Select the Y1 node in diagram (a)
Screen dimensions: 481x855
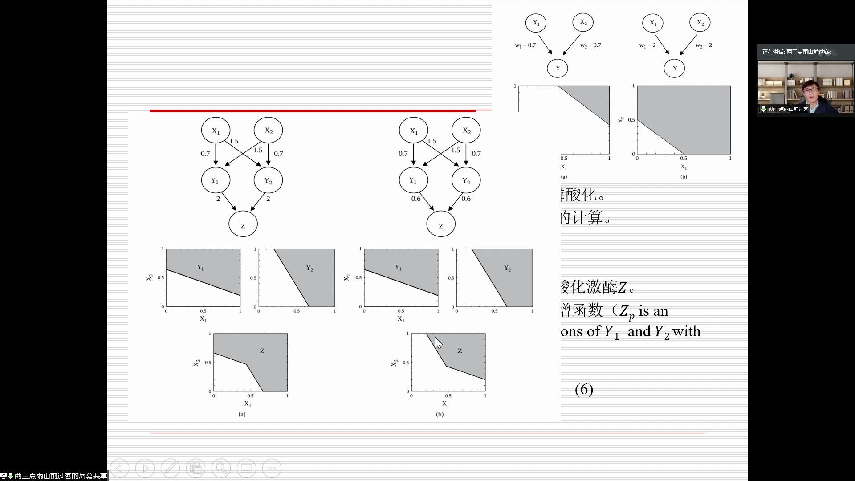pyautogui.click(x=216, y=180)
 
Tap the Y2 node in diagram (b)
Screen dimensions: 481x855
pyautogui.click(x=466, y=180)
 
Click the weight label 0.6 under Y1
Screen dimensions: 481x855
pyautogui.click(x=416, y=199)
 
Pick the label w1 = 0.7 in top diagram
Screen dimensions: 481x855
pyautogui.click(x=525, y=45)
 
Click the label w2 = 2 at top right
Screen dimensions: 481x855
pyautogui.click(x=704, y=45)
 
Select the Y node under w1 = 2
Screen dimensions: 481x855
pyautogui.click(x=674, y=68)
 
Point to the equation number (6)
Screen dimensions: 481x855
pyautogui.click(x=584, y=389)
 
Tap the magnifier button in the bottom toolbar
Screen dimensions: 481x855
pyautogui.click(x=221, y=468)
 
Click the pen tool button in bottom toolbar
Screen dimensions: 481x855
pyautogui.click(x=170, y=468)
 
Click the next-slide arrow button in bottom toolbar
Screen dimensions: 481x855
pyautogui.click(x=145, y=468)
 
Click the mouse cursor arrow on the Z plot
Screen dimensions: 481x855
pyautogui.click(x=438, y=342)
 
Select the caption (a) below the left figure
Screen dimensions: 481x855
pyautogui.click(x=242, y=414)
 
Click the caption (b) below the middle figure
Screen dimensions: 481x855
pyautogui.click(x=440, y=414)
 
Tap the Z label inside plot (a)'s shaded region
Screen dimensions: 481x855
pyautogui.click(x=262, y=351)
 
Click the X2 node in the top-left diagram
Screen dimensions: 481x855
pyautogui.click(x=583, y=23)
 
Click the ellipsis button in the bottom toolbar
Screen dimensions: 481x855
pyautogui.click(x=272, y=468)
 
